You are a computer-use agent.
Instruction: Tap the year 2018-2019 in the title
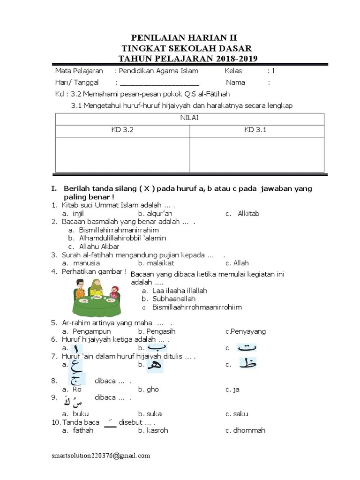(x=237, y=58)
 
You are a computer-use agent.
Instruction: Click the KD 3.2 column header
(x=123, y=130)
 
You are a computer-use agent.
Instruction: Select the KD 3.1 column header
(x=255, y=130)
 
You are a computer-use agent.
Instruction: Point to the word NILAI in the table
(x=189, y=118)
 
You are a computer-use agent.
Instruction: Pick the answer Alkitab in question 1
(x=248, y=214)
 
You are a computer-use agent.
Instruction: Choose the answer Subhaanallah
(x=174, y=299)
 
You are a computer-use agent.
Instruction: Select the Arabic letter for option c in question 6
(x=247, y=348)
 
